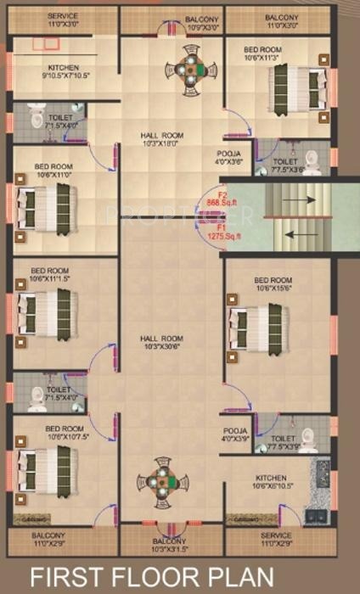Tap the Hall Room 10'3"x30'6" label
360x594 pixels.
[x=161, y=343]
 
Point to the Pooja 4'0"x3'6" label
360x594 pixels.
[x=229, y=159]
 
